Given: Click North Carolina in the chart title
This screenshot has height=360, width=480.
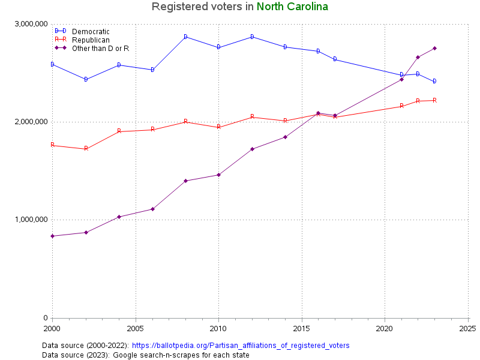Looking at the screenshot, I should coord(292,7).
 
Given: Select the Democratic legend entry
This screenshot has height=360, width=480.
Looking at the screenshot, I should coord(90,31).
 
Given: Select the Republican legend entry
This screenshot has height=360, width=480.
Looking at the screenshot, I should coord(91,40).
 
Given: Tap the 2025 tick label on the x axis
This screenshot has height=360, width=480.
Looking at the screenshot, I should coord(467,329).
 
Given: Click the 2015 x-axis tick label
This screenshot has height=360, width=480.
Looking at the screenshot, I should coord(301,329).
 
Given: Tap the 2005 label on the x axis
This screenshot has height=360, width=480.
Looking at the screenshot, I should coord(136,329).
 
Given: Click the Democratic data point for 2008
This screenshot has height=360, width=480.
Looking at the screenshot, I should coord(185,37).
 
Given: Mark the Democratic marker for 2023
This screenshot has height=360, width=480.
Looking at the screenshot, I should coord(434,81).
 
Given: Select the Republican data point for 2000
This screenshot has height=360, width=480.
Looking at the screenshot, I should coord(52,145).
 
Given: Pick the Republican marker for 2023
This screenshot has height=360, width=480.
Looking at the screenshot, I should coord(434,100).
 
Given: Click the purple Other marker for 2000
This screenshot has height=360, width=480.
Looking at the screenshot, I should coord(52,236).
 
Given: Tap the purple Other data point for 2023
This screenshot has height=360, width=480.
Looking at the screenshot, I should coord(434,48).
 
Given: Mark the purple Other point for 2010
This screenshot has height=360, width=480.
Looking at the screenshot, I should coord(218,175).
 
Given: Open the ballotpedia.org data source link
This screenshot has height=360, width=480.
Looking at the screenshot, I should coord(240,346).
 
